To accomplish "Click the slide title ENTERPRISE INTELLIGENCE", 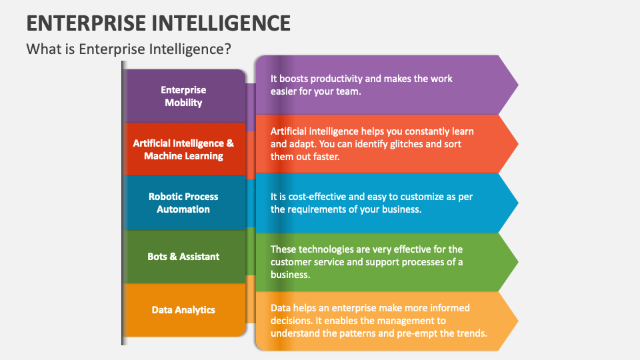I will pyautogui.click(x=159, y=22).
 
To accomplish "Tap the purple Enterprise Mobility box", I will pyautogui.click(x=183, y=96).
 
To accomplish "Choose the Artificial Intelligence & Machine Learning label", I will pyautogui.click(x=183, y=149).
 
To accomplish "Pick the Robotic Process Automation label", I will pyautogui.click(x=183, y=203).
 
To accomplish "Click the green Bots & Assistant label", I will pyautogui.click(x=183, y=256).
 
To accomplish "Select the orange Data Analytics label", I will pyautogui.click(x=183, y=309).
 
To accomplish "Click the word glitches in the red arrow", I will pyautogui.click(x=405, y=144).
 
